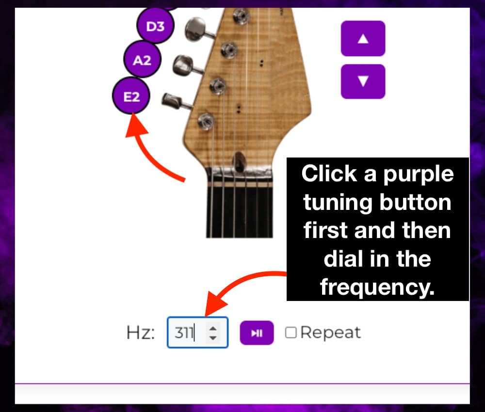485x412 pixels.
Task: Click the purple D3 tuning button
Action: pos(155,26)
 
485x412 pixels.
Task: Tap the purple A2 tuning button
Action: pos(142,59)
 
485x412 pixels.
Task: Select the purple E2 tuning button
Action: pos(131,96)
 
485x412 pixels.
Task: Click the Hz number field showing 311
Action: pos(197,333)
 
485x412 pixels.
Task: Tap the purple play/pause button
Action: pos(257,333)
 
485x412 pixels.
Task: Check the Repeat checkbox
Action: pos(291,333)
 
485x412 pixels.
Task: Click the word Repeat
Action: pos(330,333)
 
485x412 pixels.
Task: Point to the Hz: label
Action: pos(141,333)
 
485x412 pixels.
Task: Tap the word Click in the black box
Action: pos(329,173)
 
